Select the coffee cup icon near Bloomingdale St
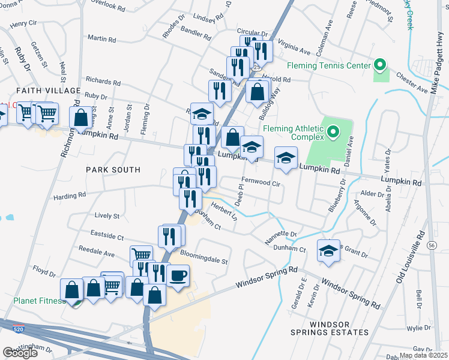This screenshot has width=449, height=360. [178, 276]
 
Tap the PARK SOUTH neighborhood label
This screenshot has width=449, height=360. [113, 170]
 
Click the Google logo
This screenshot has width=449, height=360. [20, 353]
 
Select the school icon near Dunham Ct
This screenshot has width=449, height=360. [328, 251]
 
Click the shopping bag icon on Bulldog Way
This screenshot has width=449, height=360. [257, 92]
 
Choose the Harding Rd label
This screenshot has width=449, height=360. [66, 196]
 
